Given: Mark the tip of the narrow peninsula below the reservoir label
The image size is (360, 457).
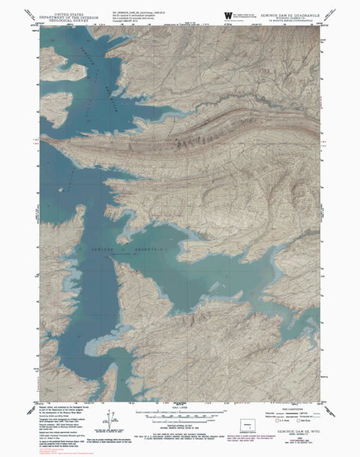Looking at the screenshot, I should (x=111, y=257).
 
